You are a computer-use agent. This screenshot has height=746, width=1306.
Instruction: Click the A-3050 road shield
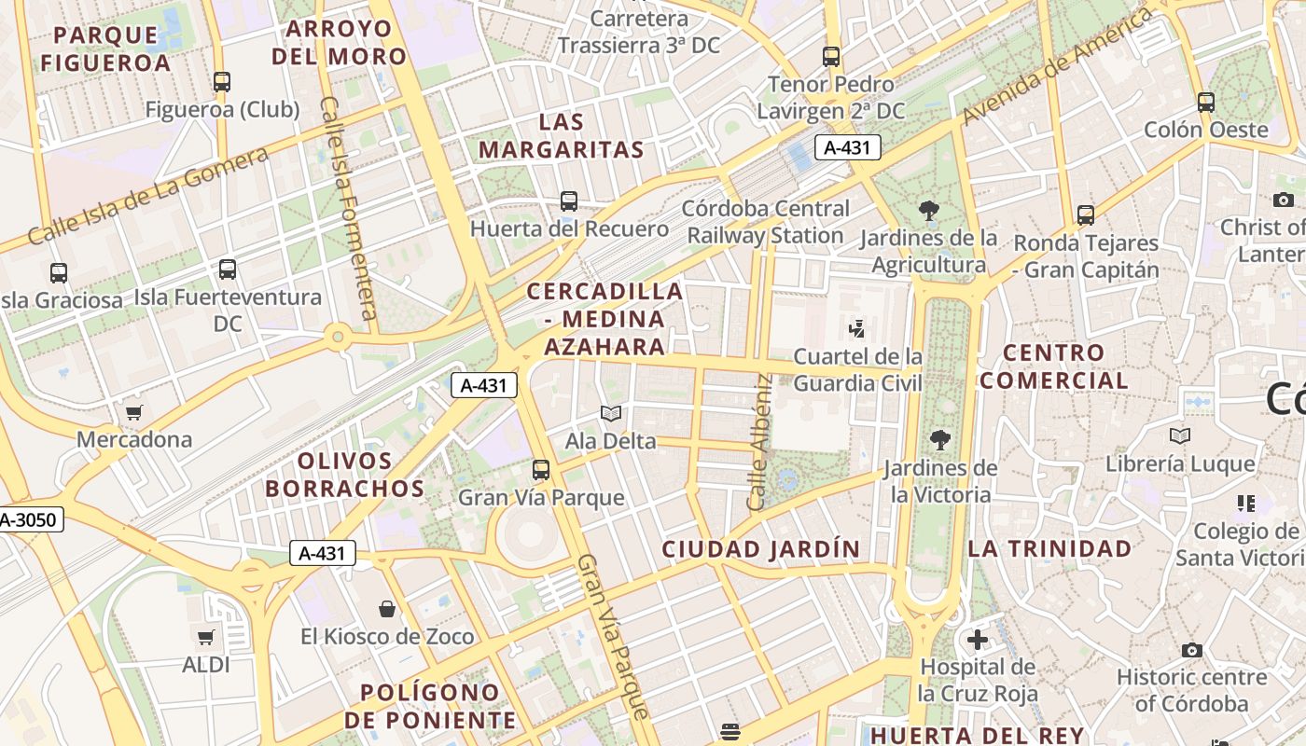pyautogui.click(x=30, y=520)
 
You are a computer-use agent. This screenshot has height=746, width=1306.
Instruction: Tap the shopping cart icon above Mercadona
pyautogui.click(x=134, y=412)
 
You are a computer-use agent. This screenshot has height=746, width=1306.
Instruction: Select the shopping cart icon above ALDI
pyautogui.click(x=206, y=638)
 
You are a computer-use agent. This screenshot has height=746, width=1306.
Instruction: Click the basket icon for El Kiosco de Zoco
pyautogui.click(x=387, y=610)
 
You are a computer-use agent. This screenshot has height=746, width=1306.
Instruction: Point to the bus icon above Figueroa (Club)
pyautogui.click(x=221, y=82)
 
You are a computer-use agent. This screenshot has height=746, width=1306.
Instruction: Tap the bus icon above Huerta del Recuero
pyautogui.click(x=569, y=200)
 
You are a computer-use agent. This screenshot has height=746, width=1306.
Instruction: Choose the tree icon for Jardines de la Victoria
pyautogui.click(x=939, y=440)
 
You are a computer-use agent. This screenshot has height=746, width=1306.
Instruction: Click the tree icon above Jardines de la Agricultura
pyautogui.click(x=928, y=211)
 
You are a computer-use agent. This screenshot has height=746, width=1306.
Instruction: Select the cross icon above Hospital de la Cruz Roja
pyautogui.click(x=977, y=640)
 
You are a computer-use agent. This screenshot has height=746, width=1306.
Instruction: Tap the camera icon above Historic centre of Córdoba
pyautogui.click(x=1191, y=650)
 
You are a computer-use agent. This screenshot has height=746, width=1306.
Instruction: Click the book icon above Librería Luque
pyautogui.click(x=1179, y=435)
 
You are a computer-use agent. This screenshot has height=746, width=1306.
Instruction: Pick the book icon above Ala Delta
pyautogui.click(x=611, y=413)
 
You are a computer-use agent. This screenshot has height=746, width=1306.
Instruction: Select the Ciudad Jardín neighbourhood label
pyautogui.click(x=760, y=549)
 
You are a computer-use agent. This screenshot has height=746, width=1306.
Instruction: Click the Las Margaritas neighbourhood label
pyautogui.click(x=562, y=135)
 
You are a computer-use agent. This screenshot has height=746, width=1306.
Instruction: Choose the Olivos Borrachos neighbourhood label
pyautogui.click(x=344, y=475)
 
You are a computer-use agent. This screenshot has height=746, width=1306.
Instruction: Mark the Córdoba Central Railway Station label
pyautogui.click(x=765, y=222)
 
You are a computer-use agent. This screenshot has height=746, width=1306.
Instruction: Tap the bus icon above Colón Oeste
pyautogui.click(x=1206, y=103)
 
